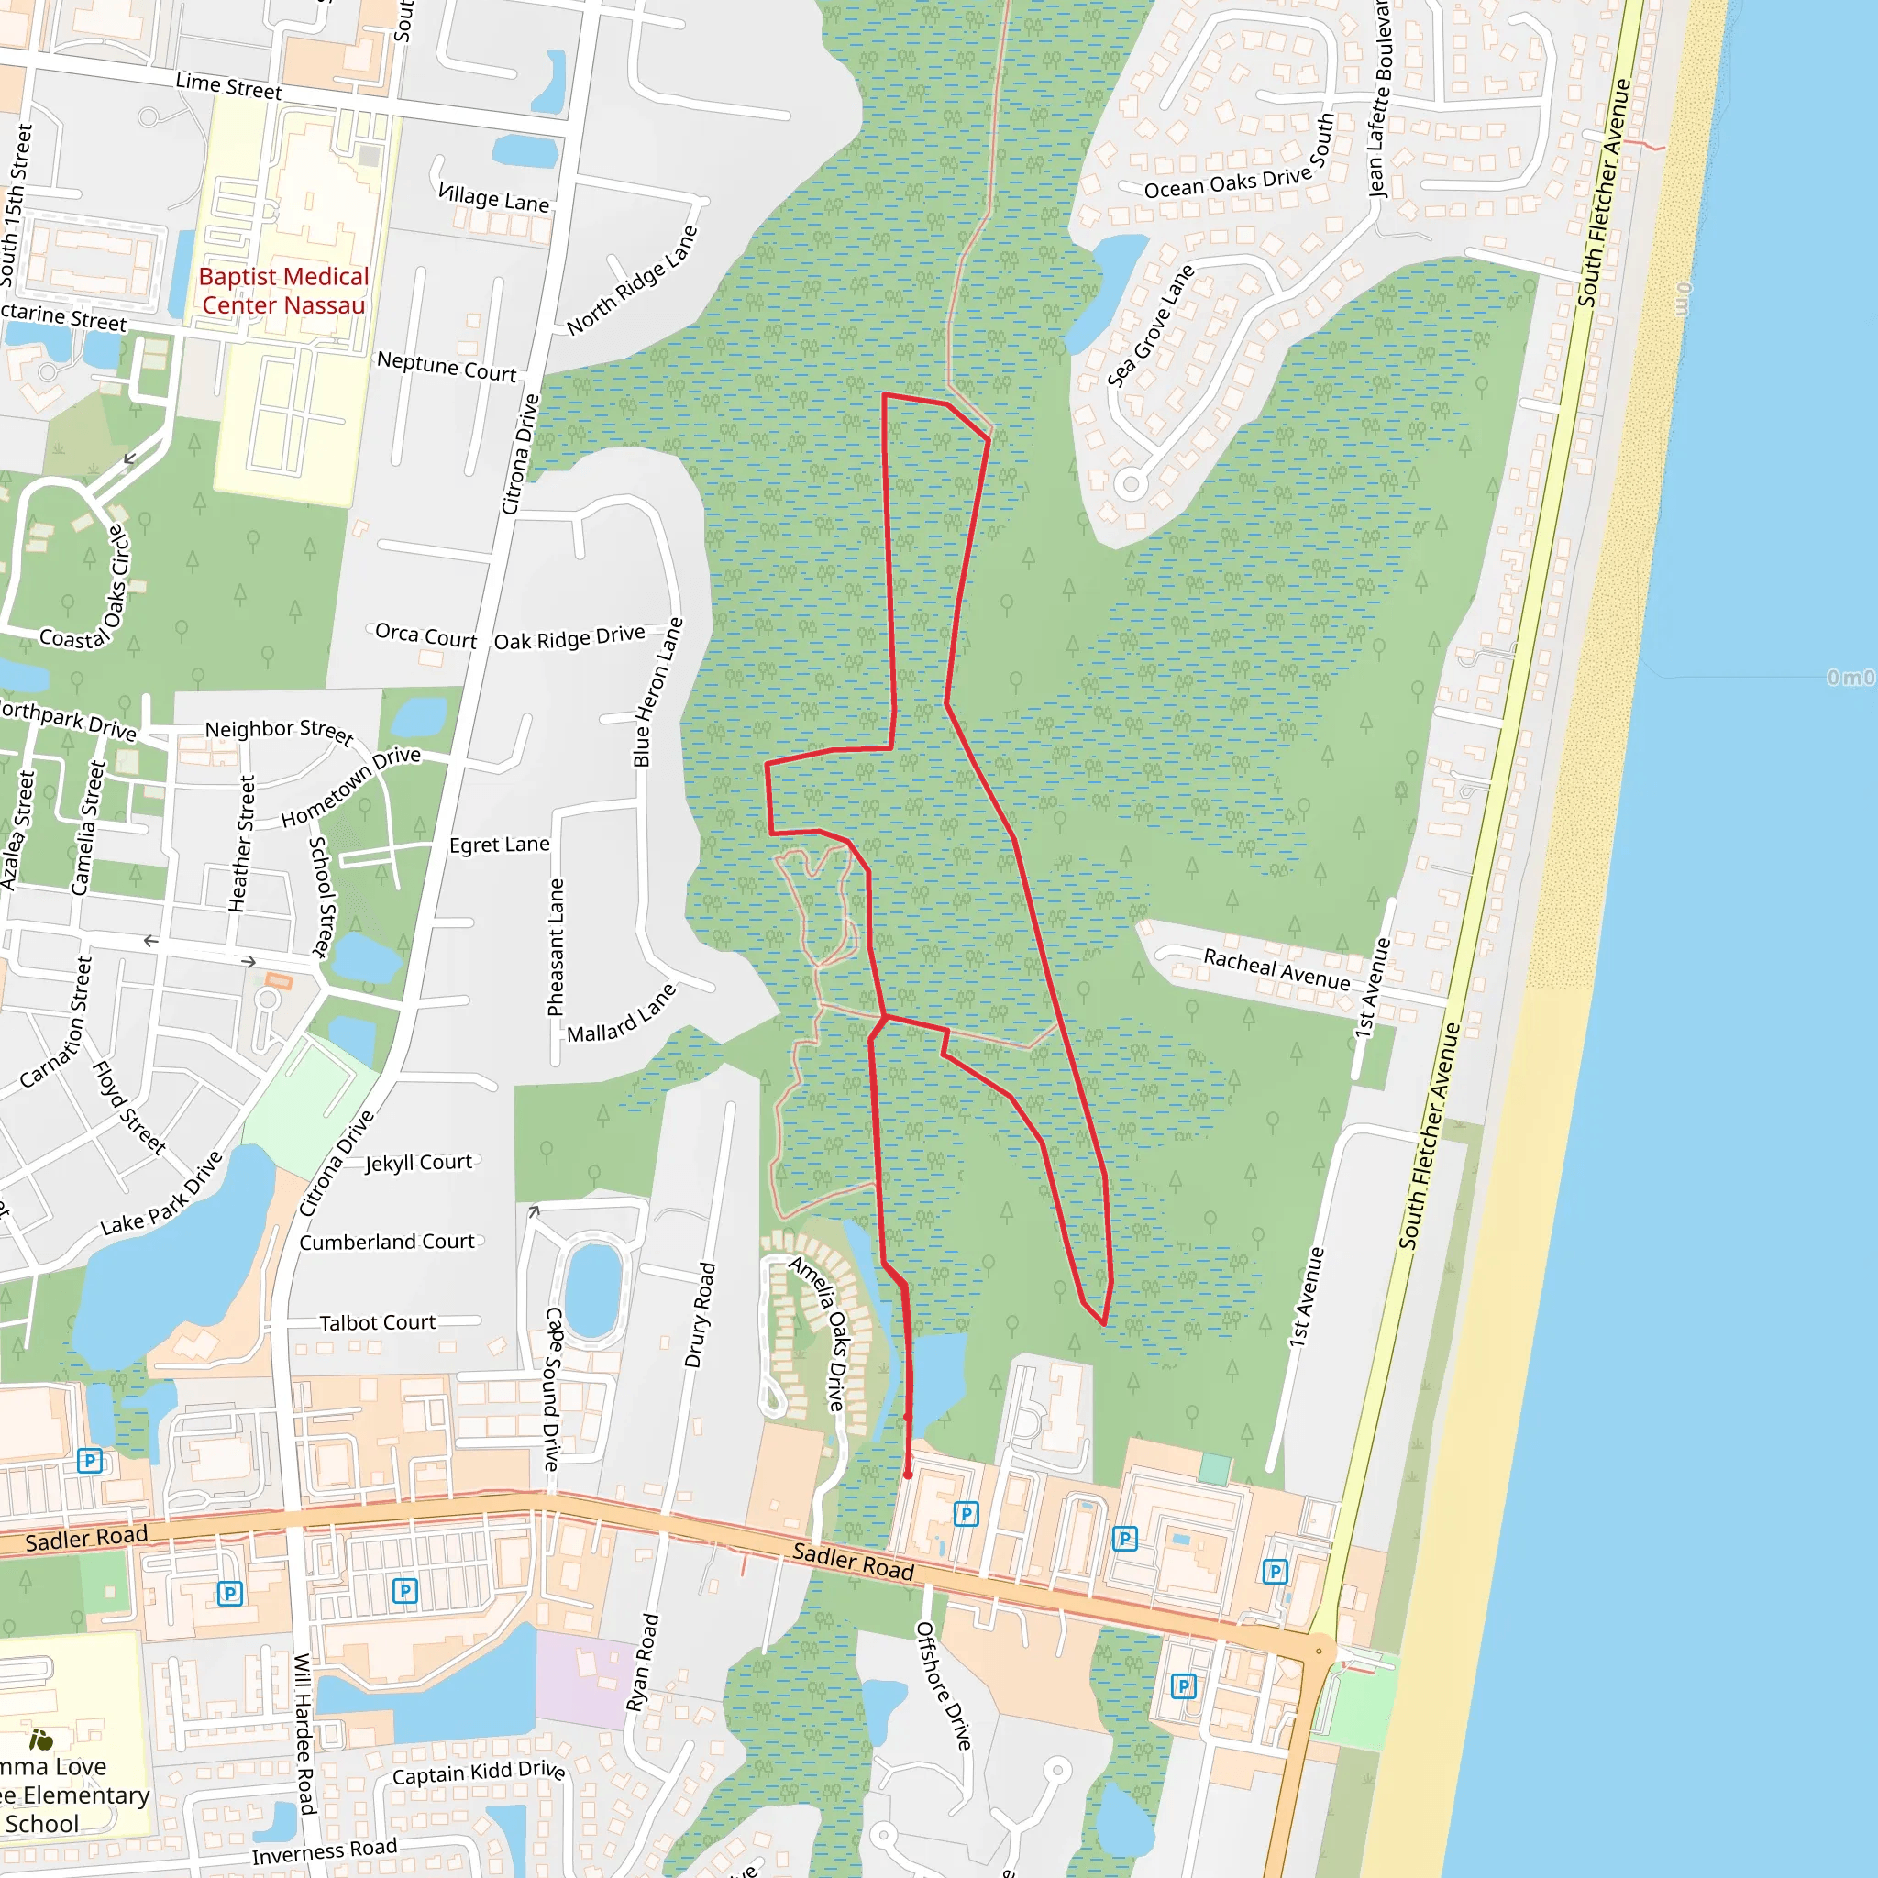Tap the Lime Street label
(228, 86)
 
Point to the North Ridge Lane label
(632, 280)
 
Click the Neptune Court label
(447, 367)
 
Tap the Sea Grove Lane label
(1150, 326)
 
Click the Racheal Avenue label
(1276, 969)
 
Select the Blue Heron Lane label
(658, 692)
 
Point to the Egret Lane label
(499, 845)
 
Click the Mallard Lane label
(620, 1015)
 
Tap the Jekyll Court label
(418, 1163)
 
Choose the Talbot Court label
(377, 1323)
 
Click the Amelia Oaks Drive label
(820, 1332)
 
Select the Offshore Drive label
(943, 1685)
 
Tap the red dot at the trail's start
(908, 1475)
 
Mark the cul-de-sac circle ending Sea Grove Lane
(1131, 483)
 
